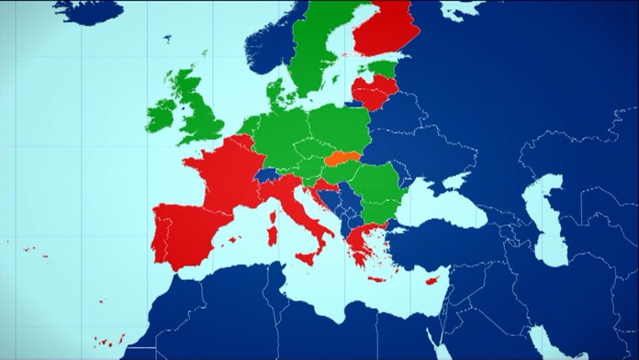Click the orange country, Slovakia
click(342, 158)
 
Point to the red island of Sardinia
click(273, 230)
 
